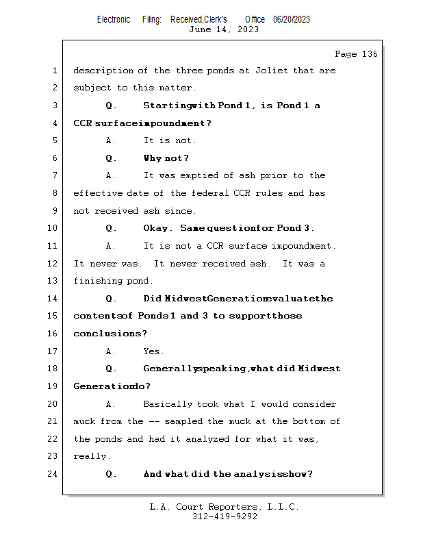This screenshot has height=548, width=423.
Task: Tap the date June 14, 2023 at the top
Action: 224,29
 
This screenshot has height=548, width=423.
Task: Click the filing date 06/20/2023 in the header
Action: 292,20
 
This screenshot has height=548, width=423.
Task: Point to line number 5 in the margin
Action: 55,140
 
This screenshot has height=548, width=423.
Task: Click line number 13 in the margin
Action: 53,281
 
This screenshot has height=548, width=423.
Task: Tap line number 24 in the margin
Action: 53,473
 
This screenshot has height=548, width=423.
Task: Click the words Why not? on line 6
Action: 166,158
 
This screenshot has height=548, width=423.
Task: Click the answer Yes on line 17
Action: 153,351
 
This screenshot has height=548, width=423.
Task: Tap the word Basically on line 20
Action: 168,404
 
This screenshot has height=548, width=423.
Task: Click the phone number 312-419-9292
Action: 225,516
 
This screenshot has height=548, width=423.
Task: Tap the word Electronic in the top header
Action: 114,20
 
